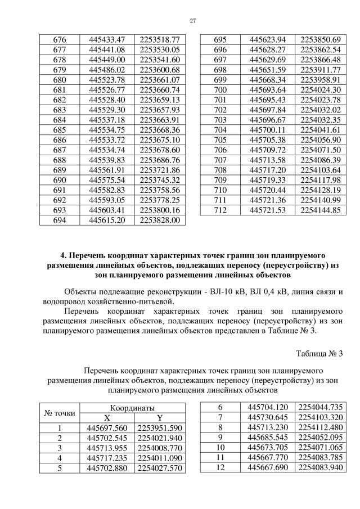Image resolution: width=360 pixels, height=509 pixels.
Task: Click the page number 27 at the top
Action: pyautogui.click(x=192, y=21)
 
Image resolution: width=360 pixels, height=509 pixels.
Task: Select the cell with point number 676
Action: pyautogui.click(x=59, y=40)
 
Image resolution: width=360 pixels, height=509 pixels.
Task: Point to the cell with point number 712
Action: pyautogui.click(x=220, y=211)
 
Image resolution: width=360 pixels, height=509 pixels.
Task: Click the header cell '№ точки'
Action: pyautogui.click(x=59, y=413)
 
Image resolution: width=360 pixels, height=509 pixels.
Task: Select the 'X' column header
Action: pyautogui.click(x=107, y=418)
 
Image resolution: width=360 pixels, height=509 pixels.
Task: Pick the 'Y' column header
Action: pyautogui.click(x=160, y=418)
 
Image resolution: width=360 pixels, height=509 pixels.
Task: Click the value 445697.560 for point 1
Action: pyautogui.click(x=107, y=428)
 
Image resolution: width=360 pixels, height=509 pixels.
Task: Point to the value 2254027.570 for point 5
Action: pyautogui.click(x=160, y=468)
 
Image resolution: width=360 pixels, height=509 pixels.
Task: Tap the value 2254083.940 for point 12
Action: pyautogui.click(x=321, y=468)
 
